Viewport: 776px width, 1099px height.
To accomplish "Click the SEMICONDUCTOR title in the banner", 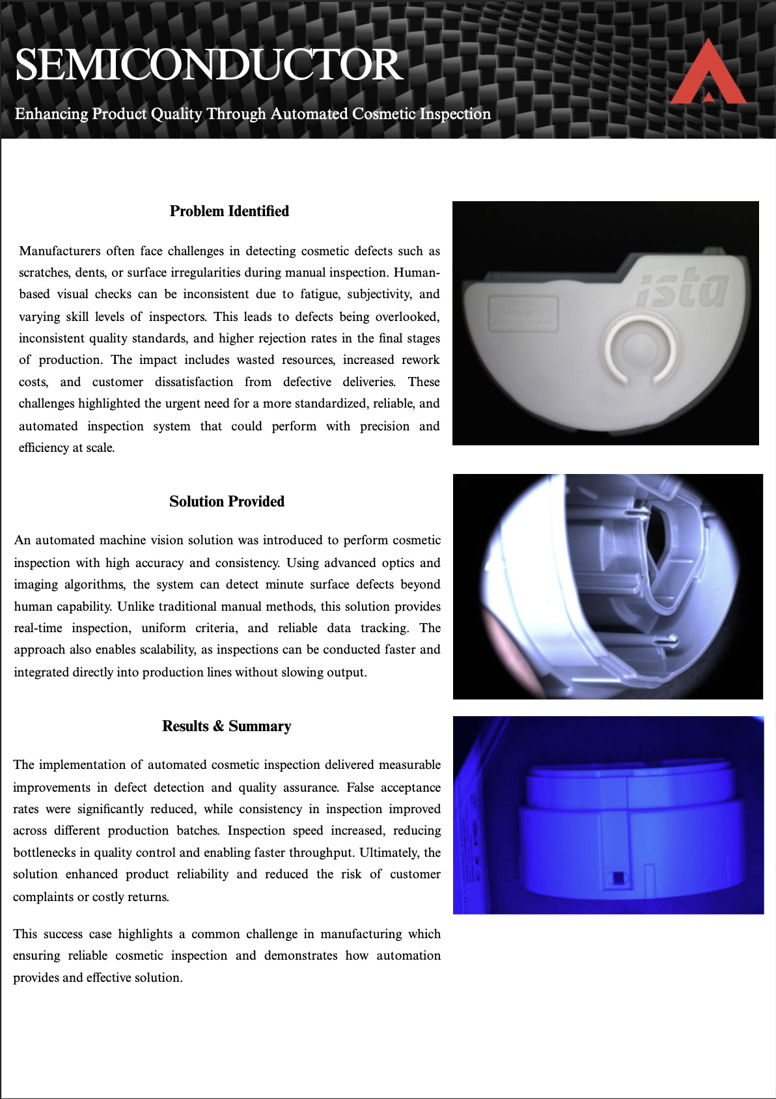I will click(208, 65).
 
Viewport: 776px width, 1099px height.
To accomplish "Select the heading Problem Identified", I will click(229, 211).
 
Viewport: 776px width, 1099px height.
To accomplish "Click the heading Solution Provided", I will click(227, 501).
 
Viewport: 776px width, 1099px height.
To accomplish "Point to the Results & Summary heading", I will click(227, 726).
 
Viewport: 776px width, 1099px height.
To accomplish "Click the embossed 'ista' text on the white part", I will click(682, 290).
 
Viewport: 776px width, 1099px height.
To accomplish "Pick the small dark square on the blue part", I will click(617, 878).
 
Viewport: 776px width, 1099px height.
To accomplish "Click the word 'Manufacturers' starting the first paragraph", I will click(60, 251).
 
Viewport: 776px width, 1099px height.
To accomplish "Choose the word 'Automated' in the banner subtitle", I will click(309, 114).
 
